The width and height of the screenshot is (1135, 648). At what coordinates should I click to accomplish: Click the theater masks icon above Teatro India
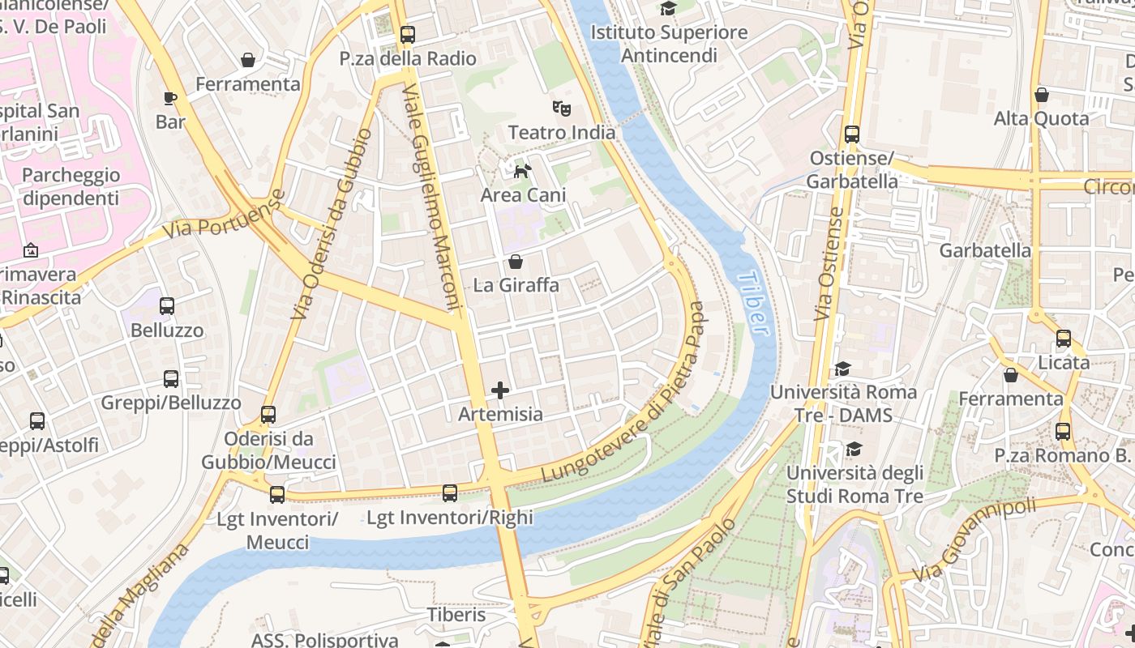(561, 108)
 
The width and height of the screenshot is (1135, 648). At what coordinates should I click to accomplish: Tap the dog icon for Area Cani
(523, 170)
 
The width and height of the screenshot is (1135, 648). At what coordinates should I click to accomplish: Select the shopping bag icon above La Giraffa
(515, 262)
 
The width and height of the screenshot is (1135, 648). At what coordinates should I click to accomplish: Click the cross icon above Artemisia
(500, 390)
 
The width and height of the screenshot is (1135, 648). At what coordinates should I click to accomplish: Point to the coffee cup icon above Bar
(169, 98)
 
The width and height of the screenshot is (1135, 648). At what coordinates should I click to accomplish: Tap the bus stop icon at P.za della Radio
(407, 35)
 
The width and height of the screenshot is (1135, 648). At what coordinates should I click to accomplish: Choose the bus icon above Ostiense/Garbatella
(851, 134)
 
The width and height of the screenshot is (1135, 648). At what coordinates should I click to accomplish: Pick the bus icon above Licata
(1063, 339)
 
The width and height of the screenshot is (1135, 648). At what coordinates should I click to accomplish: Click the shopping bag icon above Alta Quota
(1042, 95)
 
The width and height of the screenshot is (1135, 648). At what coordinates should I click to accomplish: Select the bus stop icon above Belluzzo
(167, 306)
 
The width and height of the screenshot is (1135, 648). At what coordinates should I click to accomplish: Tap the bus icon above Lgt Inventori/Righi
(450, 492)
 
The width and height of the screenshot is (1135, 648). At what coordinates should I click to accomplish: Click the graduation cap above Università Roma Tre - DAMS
(843, 369)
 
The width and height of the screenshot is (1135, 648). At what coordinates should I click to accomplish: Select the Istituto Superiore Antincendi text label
(669, 44)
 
